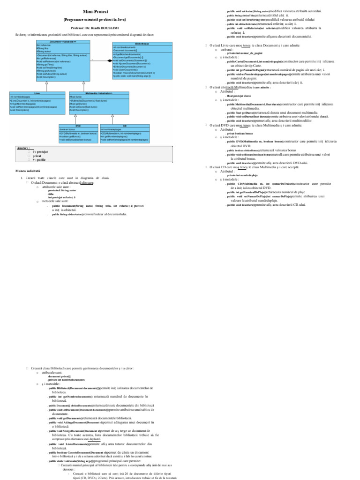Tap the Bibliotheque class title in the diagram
coord(142,43)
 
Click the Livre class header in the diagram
coord(37,93)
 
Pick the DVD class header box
coord(78,126)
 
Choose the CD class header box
coord(125,126)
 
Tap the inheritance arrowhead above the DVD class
coord(85,117)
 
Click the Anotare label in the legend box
coord(23,148)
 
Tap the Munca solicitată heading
coord(28,171)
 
